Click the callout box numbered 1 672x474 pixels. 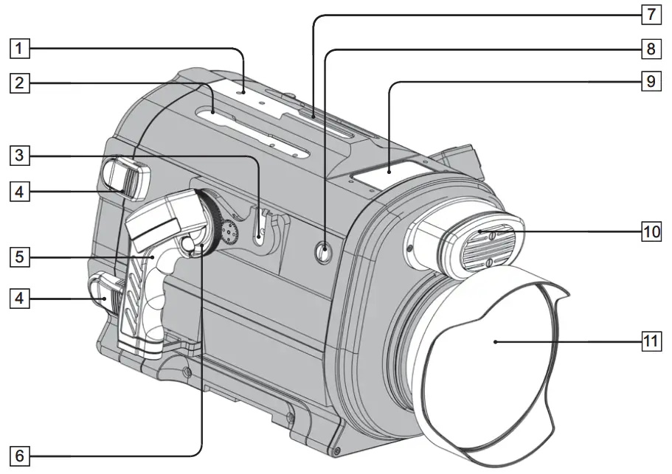20,50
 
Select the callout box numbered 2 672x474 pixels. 20,83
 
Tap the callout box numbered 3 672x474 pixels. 20,156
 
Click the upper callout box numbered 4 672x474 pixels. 20,192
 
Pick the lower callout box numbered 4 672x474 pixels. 20,299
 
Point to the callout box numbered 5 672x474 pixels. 20,257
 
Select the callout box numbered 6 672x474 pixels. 20,456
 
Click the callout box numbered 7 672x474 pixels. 649,14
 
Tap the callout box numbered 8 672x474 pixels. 649,49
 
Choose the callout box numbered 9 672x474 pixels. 649,82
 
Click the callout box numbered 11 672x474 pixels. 649,342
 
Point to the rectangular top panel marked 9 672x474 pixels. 387,175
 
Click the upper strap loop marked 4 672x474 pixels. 128,177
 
